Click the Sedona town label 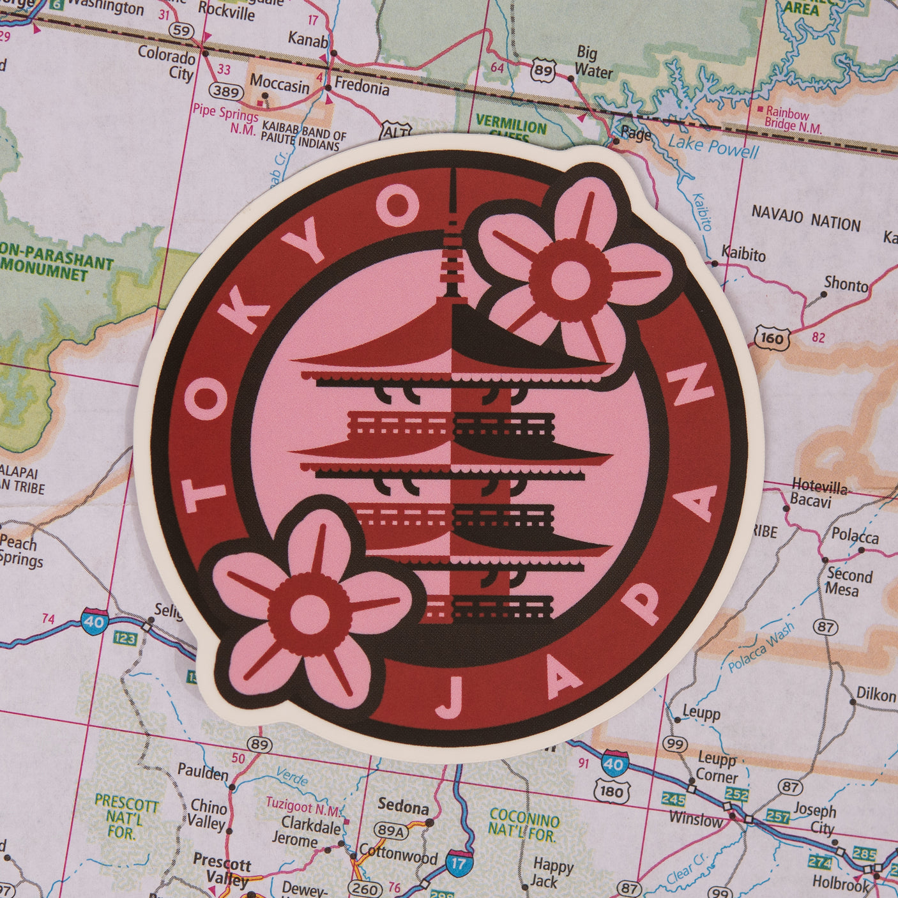point(403,807)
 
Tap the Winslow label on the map point(695,818)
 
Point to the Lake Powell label point(713,148)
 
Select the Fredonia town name point(361,86)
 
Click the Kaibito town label point(743,254)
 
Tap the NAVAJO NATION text point(806,218)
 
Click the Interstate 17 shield point(459,862)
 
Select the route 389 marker point(227,92)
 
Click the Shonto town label point(846,283)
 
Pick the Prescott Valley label point(222,870)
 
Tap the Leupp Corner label point(717,768)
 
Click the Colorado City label point(167,63)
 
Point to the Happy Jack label point(552,873)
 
